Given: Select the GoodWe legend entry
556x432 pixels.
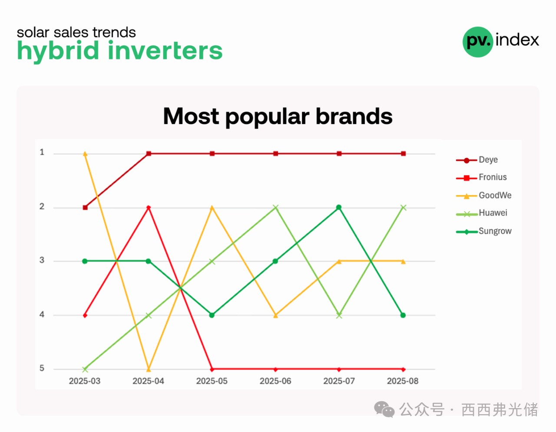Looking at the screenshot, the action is pyautogui.click(x=483, y=196).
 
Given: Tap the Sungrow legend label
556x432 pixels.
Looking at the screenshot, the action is pyautogui.click(x=495, y=231).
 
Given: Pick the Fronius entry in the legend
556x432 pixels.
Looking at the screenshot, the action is pyautogui.click(x=481, y=177).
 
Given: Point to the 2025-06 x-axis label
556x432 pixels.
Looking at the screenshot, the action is pyautogui.click(x=275, y=381).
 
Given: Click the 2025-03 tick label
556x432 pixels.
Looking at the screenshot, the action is pyautogui.click(x=84, y=381).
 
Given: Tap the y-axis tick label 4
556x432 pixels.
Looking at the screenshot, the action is pyautogui.click(x=42, y=314).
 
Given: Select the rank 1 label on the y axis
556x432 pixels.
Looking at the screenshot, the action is pyautogui.click(x=42, y=152).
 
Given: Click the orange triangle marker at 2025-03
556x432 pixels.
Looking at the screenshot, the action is pyautogui.click(x=85, y=154).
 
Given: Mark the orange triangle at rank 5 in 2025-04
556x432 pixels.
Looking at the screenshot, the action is pyautogui.click(x=149, y=369).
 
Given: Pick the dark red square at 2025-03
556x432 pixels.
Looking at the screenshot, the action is pyautogui.click(x=85, y=208).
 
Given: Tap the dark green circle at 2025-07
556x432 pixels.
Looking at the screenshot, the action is pyautogui.click(x=339, y=207).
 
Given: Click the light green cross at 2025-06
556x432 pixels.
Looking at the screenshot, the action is pyautogui.click(x=275, y=207).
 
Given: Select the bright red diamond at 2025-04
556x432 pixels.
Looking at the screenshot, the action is pyautogui.click(x=149, y=207).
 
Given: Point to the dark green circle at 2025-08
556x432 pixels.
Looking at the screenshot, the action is pyautogui.click(x=403, y=315).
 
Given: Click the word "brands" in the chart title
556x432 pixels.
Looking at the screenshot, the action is pyautogui.click(x=354, y=117).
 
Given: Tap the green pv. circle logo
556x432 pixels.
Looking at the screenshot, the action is pyautogui.click(x=478, y=42).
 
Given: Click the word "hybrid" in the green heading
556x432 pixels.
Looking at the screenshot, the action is pyautogui.click(x=58, y=51).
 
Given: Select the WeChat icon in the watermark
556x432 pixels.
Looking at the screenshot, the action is pyautogui.click(x=384, y=409).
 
